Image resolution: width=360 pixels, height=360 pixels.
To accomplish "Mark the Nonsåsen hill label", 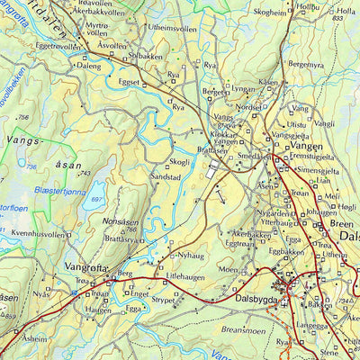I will [x=120, y=220].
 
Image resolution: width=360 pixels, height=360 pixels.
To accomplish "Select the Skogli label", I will [x=180, y=162].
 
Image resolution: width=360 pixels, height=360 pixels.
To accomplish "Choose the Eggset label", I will [x=130, y=81].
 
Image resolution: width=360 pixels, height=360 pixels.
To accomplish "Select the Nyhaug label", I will [x=192, y=256].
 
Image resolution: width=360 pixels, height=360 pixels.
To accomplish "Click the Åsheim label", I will [x=34, y=339].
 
